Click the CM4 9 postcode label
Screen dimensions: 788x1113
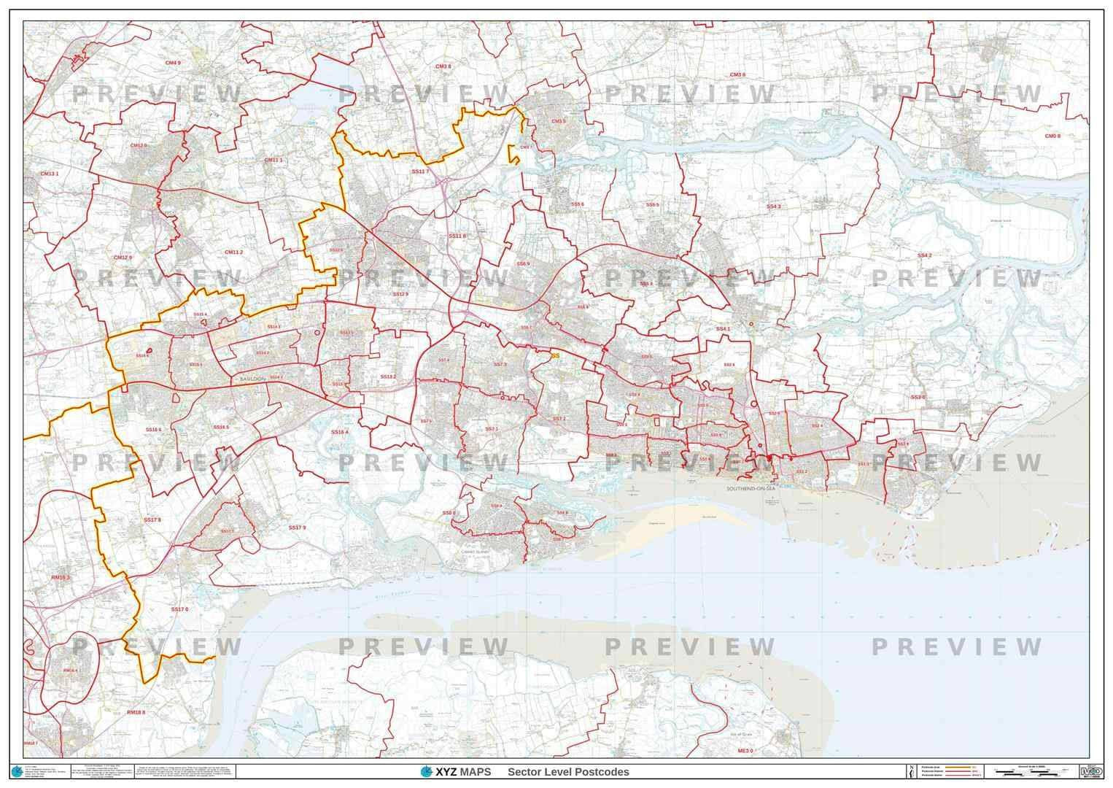tap(172, 63)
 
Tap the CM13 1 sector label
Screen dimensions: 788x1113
tap(50, 174)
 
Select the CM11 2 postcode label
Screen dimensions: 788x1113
tap(234, 252)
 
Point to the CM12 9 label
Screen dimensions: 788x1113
tap(123, 258)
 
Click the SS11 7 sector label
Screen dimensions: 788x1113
tap(421, 171)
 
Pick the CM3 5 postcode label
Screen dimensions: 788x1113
tap(559, 121)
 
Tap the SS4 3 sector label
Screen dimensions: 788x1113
tap(774, 206)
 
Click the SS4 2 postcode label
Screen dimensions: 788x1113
tap(925, 256)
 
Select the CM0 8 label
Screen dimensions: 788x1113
tap(1052, 136)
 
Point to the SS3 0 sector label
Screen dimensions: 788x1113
tap(918, 397)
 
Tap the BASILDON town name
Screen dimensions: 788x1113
tap(249, 380)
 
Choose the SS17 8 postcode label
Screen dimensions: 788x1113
tap(152, 520)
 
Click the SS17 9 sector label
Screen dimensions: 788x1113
tap(297, 527)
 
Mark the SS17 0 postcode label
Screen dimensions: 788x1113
tap(179, 609)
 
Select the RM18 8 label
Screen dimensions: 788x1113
tap(136, 712)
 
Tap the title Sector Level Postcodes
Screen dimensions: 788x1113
tap(568, 772)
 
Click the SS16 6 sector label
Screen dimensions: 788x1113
tap(153, 430)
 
